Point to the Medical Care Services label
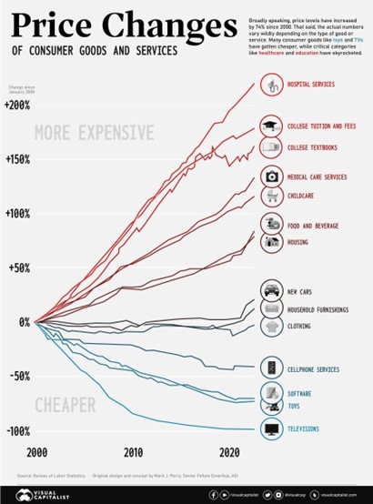tap(317, 176)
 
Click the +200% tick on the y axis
tap(17, 106)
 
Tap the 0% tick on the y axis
tap(21, 322)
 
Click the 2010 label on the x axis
tap(134, 452)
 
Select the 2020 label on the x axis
tap(230, 452)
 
